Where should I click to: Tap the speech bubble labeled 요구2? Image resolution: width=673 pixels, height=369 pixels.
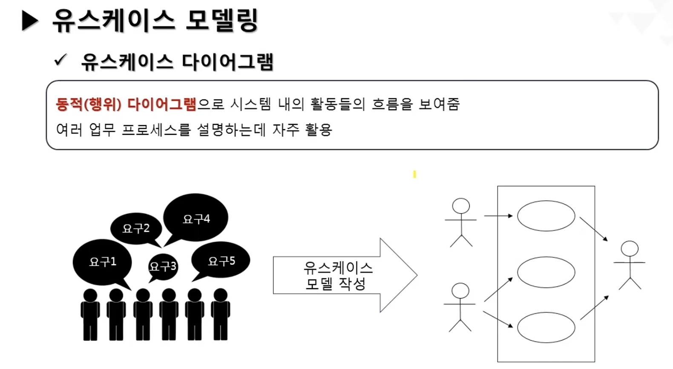136,228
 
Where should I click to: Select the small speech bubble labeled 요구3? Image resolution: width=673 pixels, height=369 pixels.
163,267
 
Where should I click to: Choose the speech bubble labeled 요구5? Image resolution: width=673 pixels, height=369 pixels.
221,261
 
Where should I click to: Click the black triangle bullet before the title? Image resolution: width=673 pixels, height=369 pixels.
30,21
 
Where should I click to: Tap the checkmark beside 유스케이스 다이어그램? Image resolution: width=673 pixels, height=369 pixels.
60,60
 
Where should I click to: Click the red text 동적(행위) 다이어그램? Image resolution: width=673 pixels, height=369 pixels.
126,104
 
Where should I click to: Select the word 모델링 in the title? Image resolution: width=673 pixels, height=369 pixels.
222,20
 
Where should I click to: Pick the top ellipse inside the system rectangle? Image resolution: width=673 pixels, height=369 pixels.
546,216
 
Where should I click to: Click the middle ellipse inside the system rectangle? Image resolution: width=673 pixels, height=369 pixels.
546,272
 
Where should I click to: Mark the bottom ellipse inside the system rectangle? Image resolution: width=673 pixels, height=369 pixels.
546,327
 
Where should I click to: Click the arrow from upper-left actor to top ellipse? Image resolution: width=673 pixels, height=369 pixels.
498,216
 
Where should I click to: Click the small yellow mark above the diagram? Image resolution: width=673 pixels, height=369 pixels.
414,174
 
